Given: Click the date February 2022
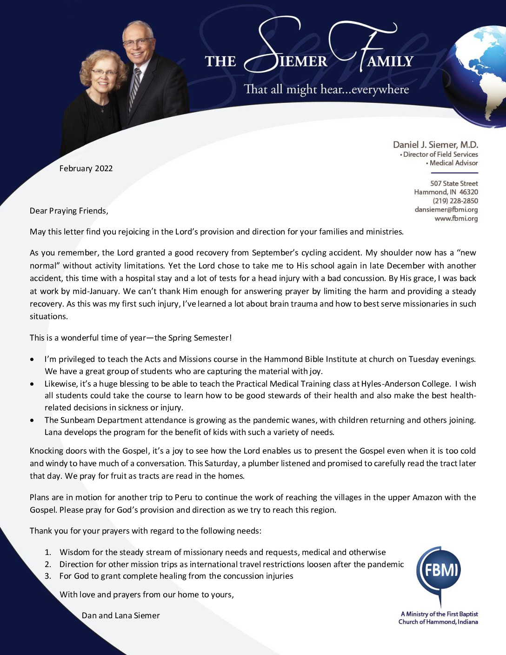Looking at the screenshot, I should pyautogui.click(x=86, y=168).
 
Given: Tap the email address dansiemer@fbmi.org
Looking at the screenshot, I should pyautogui.click(x=446, y=210).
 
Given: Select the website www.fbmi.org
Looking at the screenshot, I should pyautogui.click(x=456, y=219).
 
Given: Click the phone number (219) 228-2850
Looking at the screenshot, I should pyautogui.click(x=455, y=201).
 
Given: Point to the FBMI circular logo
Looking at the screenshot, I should pyautogui.click(x=439, y=570).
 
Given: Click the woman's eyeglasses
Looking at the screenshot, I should pyautogui.click(x=104, y=73).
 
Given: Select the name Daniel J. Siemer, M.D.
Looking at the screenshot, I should pyautogui.click(x=435, y=145).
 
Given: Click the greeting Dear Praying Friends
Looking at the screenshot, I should pyautogui.click(x=69, y=211).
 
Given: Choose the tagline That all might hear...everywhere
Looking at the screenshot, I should pyautogui.click(x=326, y=89).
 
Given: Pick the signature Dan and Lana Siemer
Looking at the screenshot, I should pyautogui.click(x=120, y=615).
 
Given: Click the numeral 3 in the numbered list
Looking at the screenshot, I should pyautogui.click(x=47, y=576).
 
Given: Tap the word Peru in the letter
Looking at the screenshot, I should pyautogui.click(x=183, y=497).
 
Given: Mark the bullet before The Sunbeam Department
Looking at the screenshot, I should pyautogui.click(x=32, y=420).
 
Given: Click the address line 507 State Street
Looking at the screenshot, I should pyautogui.click(x=454, y=183).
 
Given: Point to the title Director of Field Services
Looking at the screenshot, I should pyautogui.click(x=440, y=154).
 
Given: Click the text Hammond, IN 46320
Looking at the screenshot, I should pyautogui.click(x=446, y=192).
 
